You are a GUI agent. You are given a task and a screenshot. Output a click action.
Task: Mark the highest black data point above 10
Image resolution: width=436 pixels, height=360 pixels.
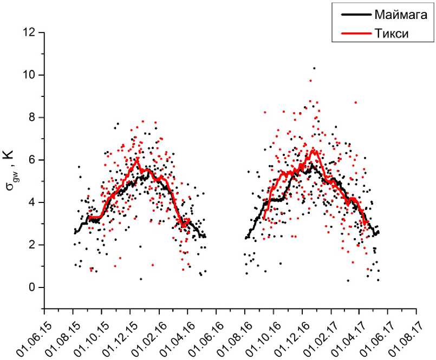pyautogui.click(x=314, y=68)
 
